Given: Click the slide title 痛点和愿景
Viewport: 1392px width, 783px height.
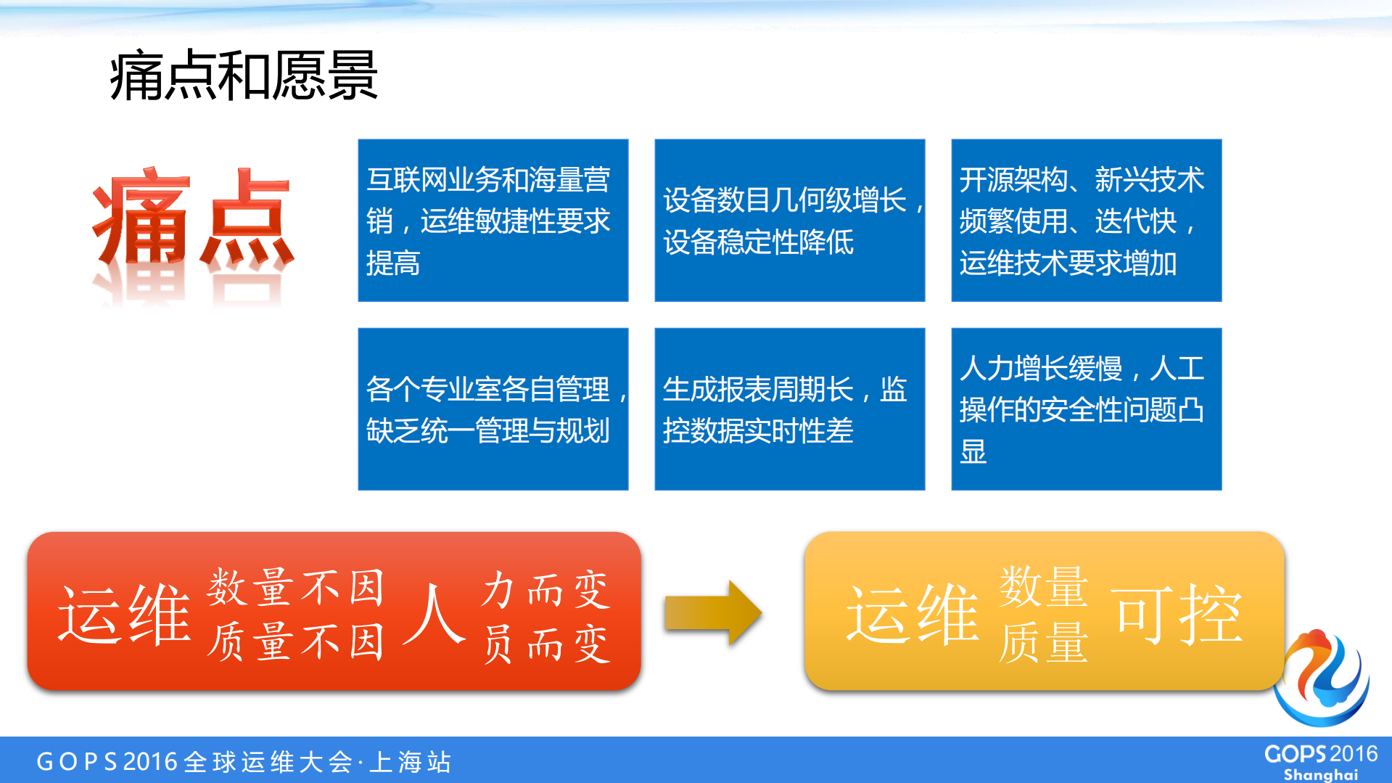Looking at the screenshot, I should [x=244, y=75].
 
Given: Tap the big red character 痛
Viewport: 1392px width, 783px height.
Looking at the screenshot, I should [x=141, y=218].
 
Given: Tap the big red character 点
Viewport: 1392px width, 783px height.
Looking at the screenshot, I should [x=247, y=218].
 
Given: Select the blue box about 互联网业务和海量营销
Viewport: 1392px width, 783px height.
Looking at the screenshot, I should [x=493, y=220].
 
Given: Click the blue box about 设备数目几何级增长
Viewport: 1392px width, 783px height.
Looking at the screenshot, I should [x=789, y=220].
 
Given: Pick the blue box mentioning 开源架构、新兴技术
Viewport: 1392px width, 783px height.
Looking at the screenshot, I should [x=1086, y=220].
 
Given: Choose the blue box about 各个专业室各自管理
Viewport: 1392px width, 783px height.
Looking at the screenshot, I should [x=493, y=409].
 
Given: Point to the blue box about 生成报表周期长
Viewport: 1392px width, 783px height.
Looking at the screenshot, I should [x=789, y=409].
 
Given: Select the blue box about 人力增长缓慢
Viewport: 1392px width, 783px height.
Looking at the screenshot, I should [x=1086, y=409].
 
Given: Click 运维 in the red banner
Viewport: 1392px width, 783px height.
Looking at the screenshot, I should [x=125, y=615].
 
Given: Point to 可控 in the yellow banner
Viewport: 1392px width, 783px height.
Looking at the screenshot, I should [x=1179, y=615].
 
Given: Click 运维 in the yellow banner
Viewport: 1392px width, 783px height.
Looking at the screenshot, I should [x=913, y=615].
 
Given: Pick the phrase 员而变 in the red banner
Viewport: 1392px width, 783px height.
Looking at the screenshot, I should [x=547, y=644].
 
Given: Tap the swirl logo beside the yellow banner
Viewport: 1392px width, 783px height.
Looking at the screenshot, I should [x=1322, y=679].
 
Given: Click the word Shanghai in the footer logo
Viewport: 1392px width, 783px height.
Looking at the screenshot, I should [x=1320, y=775].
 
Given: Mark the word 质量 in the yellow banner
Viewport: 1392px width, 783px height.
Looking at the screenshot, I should [x=1043, y=643].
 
